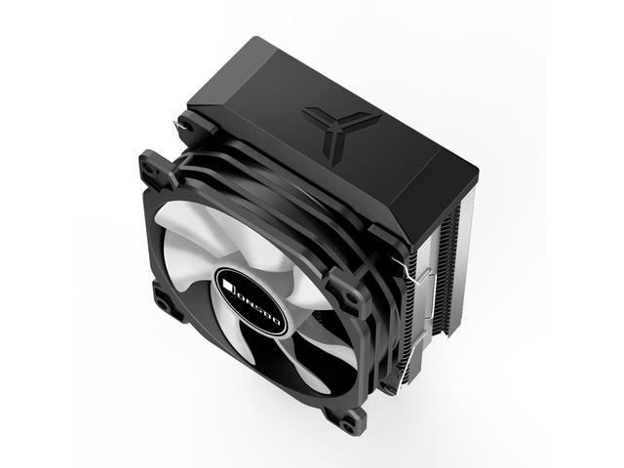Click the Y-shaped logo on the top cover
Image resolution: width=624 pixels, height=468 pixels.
pyautogui.click(x=337, y=128)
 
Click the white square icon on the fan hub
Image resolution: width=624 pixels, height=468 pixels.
pyautogui.click(x=227, y=286)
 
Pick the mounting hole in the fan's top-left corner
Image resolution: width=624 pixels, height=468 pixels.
pyautogui.click(x=150, y=169)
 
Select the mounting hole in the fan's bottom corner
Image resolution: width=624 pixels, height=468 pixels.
pyautogui.click(x=347, y=416)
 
